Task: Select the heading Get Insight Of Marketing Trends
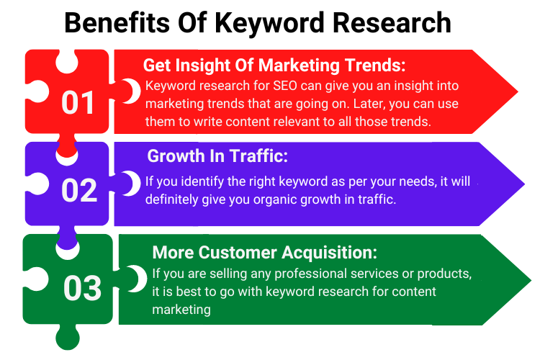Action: pos(274,66)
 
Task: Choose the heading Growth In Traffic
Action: pos(217,156)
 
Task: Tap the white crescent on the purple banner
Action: pos(130,183)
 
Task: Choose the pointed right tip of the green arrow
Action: pos(529,282)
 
